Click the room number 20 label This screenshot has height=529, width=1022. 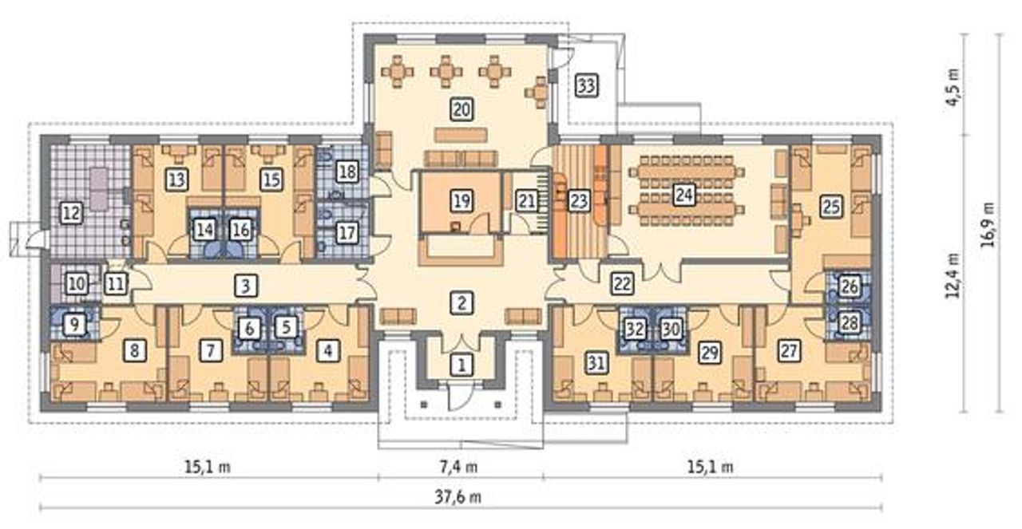pos(461,109)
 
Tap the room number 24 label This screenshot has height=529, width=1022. pos(683,195)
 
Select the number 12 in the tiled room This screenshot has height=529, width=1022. pos(72,213)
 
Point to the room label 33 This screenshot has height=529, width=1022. pos(586,85)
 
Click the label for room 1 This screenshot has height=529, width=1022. pos(461,365)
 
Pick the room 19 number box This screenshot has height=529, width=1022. pos(461,200)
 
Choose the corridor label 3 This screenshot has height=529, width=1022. pos(246,286)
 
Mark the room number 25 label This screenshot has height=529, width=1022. pos(831,206)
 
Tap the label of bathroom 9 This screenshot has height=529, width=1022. pos(74,325)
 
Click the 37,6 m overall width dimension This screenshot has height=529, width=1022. pos(458,497)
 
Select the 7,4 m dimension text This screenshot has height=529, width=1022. pos(459,467)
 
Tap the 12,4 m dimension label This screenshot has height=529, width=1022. pos(953,275)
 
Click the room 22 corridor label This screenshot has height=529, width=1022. pos(622,284)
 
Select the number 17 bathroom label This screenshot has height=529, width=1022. pos(347,233)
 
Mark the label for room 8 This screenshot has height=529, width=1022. pos(134,351)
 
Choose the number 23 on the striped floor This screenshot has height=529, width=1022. pos(579,201)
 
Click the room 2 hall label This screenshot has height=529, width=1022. pos(461,303)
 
